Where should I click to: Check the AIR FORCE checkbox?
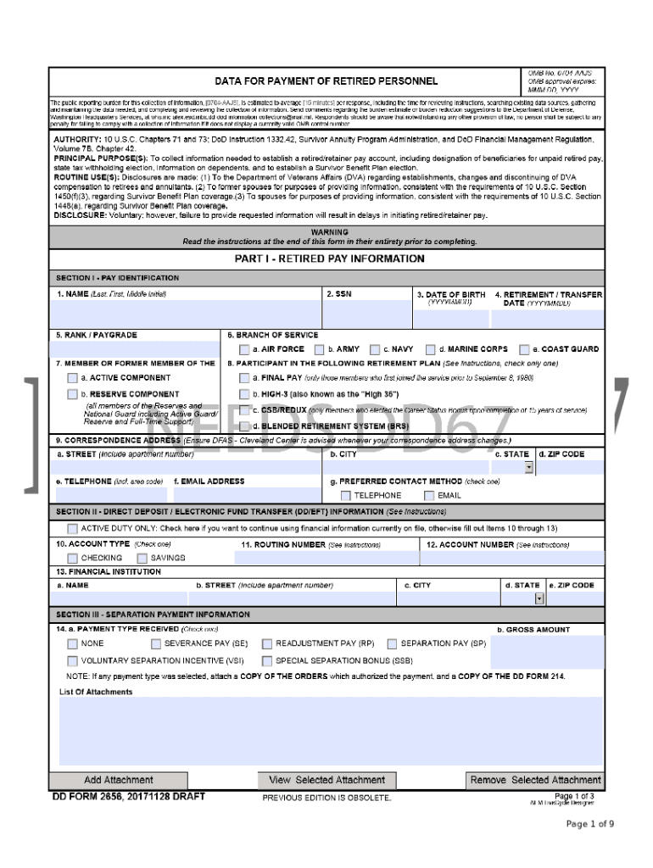coord(244,349)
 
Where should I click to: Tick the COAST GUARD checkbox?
coord(524,349)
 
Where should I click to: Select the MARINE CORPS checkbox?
coord(431,349)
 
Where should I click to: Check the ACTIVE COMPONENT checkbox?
coord(72,378)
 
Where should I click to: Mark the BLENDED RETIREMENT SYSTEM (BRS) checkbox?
coord(244,426)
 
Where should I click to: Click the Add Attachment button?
coord(118,780)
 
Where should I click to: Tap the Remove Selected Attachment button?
coord(535,780)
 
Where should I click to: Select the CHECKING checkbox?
coord(72,559)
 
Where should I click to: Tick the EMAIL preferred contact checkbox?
coord(429,496)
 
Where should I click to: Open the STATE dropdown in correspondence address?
coord(528,467)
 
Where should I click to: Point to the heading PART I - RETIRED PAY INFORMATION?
coord(329,259)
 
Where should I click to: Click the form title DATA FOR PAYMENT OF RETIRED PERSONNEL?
coord(326,81)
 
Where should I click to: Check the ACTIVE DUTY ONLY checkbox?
coord(72,528)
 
